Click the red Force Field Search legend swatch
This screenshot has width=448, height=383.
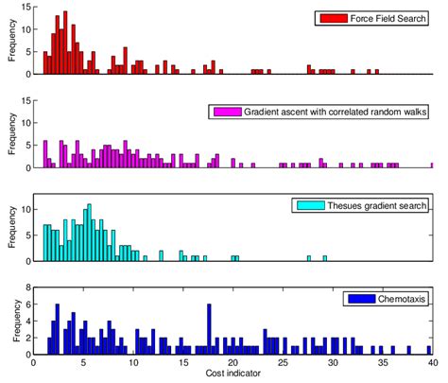tap(331, 18)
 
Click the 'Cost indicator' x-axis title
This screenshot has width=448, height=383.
tap(233, 374)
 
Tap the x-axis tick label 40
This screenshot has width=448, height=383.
tap(432, 363)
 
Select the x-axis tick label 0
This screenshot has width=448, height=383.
tap(34, 363)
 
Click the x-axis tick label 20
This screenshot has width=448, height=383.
tap(233, 363)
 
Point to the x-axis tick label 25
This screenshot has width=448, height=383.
tap(283, 363)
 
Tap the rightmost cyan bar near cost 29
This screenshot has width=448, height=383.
tap(324, 258)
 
